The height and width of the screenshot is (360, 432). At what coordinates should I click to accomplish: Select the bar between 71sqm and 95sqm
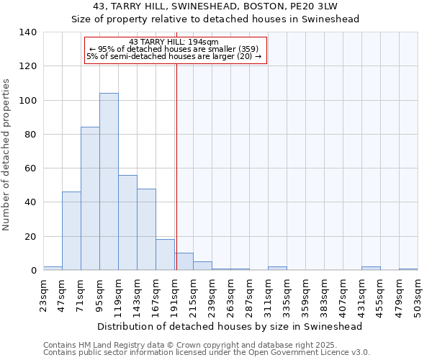(90, 199)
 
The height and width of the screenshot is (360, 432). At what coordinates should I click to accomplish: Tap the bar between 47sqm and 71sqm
(71, 230)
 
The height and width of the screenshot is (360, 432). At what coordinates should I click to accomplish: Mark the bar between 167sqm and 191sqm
(165, 255)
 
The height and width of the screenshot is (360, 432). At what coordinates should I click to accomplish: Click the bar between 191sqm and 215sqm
(184, 262)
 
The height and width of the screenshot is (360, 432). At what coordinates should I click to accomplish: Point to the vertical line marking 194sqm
(176, 166)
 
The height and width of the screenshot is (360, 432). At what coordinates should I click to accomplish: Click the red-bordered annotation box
(176, 50)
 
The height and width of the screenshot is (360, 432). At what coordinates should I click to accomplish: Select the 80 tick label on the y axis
(30, 135)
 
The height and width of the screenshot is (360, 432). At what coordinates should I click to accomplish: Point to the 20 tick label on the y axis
(30, 237)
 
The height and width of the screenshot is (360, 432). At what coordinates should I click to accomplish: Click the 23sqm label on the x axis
(43, 292)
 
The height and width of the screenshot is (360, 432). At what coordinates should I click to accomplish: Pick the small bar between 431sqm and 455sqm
(371, 268)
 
